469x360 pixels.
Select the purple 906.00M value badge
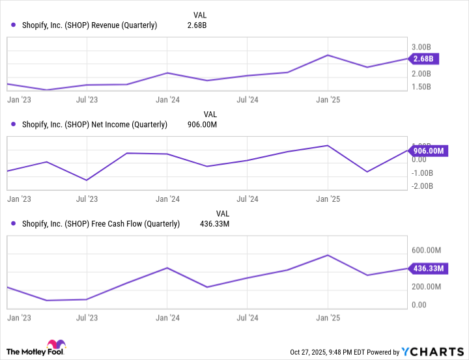click(x=428, y=151)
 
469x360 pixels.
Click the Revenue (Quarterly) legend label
click(x=89, y=25)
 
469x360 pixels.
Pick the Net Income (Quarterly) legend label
click(x=94, y=124)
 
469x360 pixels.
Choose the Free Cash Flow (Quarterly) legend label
click(x=100, y=224)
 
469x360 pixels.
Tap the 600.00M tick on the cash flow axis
click(x=427, y=251)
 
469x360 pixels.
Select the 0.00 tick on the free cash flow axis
click(x=419, y=305)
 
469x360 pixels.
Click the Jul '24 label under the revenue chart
click(x=247, y=100)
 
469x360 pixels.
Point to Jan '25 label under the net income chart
click(x=328, y=200)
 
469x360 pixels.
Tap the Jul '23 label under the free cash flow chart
click(x=87, y=318)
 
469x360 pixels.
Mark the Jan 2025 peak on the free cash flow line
click(x=328, y=255)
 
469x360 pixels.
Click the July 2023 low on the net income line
click(x=87, y=180)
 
